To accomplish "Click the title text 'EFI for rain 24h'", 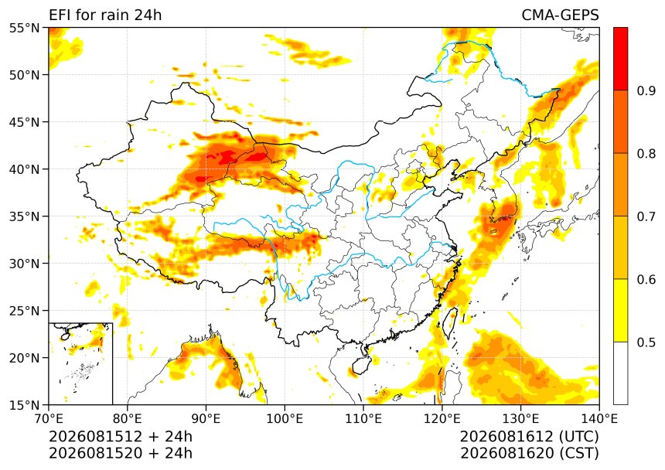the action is (x=105, y=15).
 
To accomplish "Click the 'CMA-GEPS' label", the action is (x=560, y=15).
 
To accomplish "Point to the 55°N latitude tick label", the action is (x=24, y=29).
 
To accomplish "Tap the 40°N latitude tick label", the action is (x=24, y=169).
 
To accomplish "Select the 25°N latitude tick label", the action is (x=24, y=311).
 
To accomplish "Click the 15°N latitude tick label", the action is (x=24, y=405).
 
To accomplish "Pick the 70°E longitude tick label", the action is (x=49, y=419).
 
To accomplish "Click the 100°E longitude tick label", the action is (x=285, y=419).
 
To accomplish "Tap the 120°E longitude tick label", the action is (x=442, y=419).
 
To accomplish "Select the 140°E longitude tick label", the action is (x=599, y=419).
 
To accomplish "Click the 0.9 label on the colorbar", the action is (x=646, y=90).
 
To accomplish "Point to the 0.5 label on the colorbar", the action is (x=646, y=342).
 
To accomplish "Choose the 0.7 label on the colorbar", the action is (x=646, y=216).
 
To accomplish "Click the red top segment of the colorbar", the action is (x=620, y=59).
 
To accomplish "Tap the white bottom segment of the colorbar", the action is (x=620, y=373).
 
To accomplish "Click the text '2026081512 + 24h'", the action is (x=121, y=436).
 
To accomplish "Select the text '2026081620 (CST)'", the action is (x=529, y=453).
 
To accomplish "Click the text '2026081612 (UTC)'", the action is (x=529, y=436).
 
